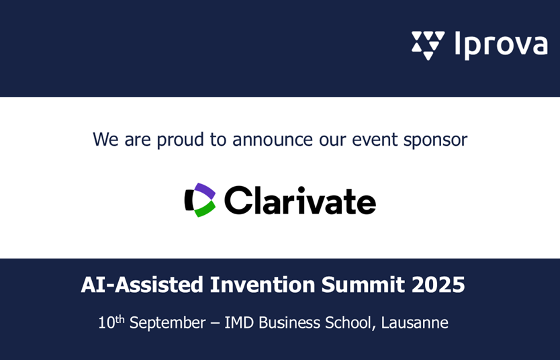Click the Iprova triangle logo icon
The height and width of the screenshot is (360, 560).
[428, 45]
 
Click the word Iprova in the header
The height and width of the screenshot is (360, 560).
[501, 46]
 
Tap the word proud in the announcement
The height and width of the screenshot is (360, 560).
[181, 139]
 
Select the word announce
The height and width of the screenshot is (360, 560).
[273, 139]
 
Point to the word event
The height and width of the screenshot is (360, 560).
[375, 139]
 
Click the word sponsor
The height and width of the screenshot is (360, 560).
[435, 140]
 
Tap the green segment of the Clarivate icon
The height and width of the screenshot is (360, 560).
[205, 209]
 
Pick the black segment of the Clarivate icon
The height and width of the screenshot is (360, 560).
[189, 200]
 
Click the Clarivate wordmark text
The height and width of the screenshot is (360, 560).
[300, 200]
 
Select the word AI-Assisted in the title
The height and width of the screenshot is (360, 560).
[142, 285]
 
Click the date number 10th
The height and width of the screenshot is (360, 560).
[111, 322]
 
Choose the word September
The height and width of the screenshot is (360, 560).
[167, 323]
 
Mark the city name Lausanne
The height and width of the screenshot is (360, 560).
[415, 322]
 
